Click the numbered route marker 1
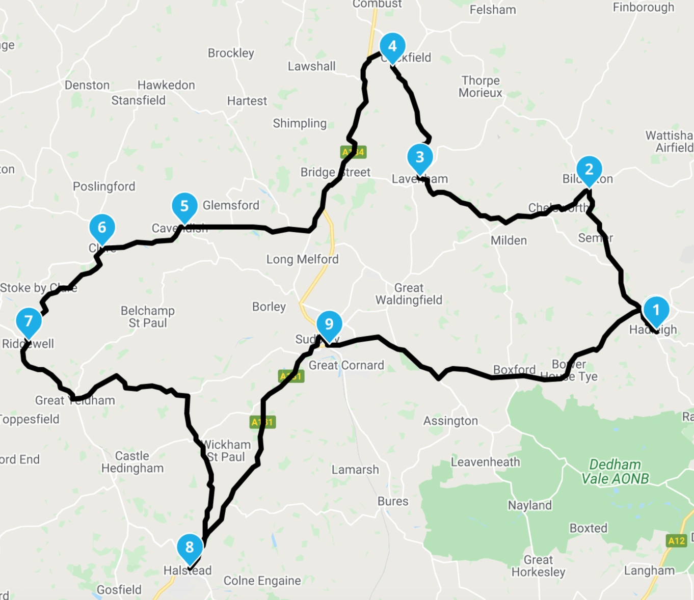(x=656, y=310)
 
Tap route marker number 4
(x=392, y=46)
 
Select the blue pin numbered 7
(x=29, y=321)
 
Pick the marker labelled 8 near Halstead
(x=190, y=547)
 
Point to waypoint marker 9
(x=329, y=324)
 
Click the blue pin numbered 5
(x=184, y=206)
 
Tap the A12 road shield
(x=676, y=540)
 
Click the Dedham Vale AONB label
(x=616, y=472)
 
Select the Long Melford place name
(x=302, y=259)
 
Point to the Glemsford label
(x=231, y=205)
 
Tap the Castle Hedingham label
(x=132, y=462)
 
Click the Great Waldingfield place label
(x=409, y=294)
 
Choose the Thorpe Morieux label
(x=481, y=87)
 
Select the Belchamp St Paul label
(x=148, y=316)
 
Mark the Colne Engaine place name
(x=262, y=581)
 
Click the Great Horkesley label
(x=539, y=566)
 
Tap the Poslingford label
(x=104, y=186)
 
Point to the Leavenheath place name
(x=486, y=462)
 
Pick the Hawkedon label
(x=166, y=85)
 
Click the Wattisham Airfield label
(x=670, y=142)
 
